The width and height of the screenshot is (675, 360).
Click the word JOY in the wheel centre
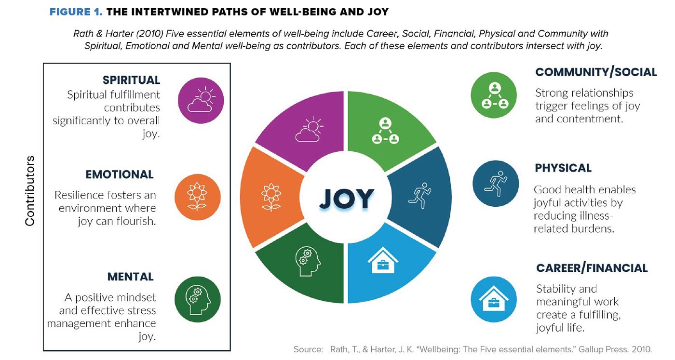(x=346, y=199)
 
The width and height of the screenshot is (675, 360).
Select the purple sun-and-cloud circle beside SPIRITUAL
(x=201, y=101)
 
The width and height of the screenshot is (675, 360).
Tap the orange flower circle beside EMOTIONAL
(x=197, y=197)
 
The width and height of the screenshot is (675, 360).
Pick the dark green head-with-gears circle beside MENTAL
(x=197, y=299)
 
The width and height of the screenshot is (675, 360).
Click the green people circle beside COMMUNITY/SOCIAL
(x=494, y=94)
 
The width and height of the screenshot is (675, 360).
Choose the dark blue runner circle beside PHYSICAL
(x=496, y=184)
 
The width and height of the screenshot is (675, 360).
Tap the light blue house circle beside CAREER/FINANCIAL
(x=494, y=299)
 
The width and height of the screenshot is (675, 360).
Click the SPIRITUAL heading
(x=131, y=80)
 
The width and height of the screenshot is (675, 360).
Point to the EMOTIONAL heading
(x=120, y=174)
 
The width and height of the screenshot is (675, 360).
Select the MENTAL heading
(x=130, y=277)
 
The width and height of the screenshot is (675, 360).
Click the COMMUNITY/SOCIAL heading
(x=596, y=72)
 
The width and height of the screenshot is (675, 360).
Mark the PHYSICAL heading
(x=563, y=168)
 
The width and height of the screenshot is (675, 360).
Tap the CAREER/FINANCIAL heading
(x=592, y=268)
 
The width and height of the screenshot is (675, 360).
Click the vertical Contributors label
(x=30, y=191)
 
